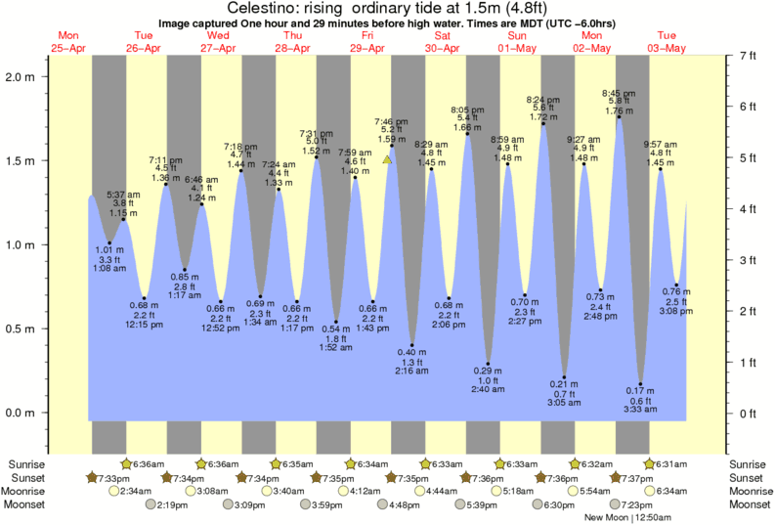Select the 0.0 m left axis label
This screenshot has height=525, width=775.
21,413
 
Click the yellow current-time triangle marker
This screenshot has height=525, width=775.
388,159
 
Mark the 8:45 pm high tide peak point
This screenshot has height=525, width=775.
618,118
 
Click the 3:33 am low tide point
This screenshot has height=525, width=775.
641,384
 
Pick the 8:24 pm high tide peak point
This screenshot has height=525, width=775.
542,124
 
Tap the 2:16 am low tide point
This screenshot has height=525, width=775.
412,345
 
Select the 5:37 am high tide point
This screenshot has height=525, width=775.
123,220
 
